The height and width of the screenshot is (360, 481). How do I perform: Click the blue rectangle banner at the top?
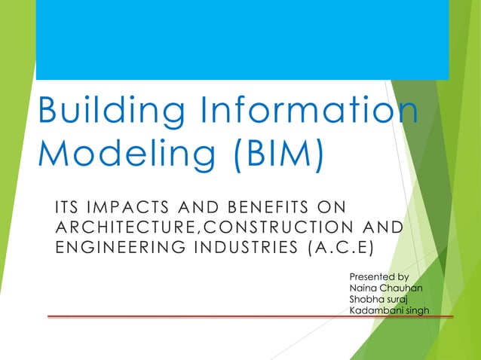pyautogui.click(x=242, y=39)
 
